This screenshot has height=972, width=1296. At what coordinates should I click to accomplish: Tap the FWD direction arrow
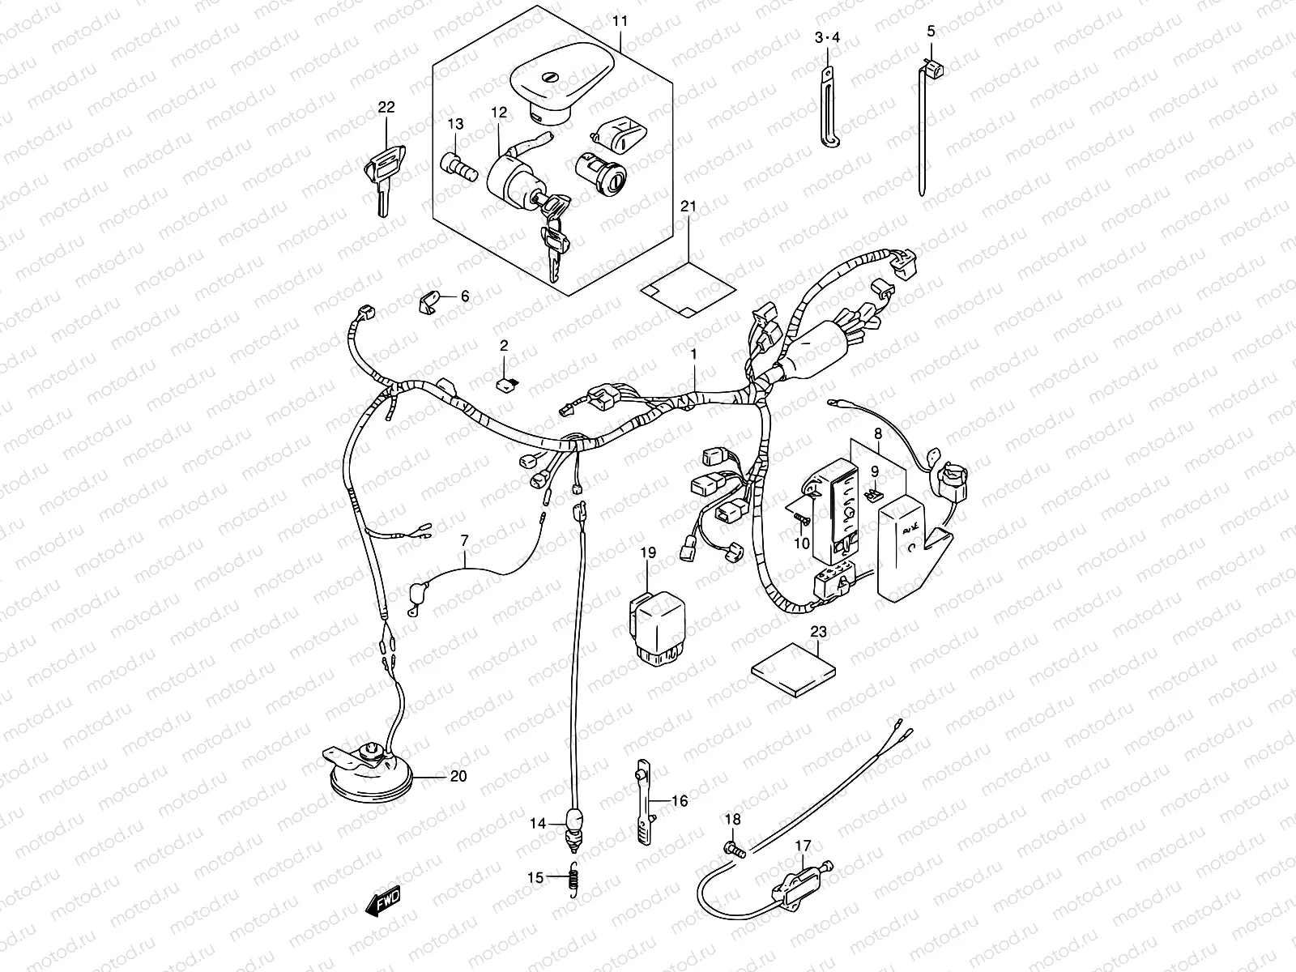coord(383,900)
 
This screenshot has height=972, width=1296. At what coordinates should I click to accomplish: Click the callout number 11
coord(620,19)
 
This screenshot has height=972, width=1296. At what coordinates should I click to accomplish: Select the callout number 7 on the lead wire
coord(464,540)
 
